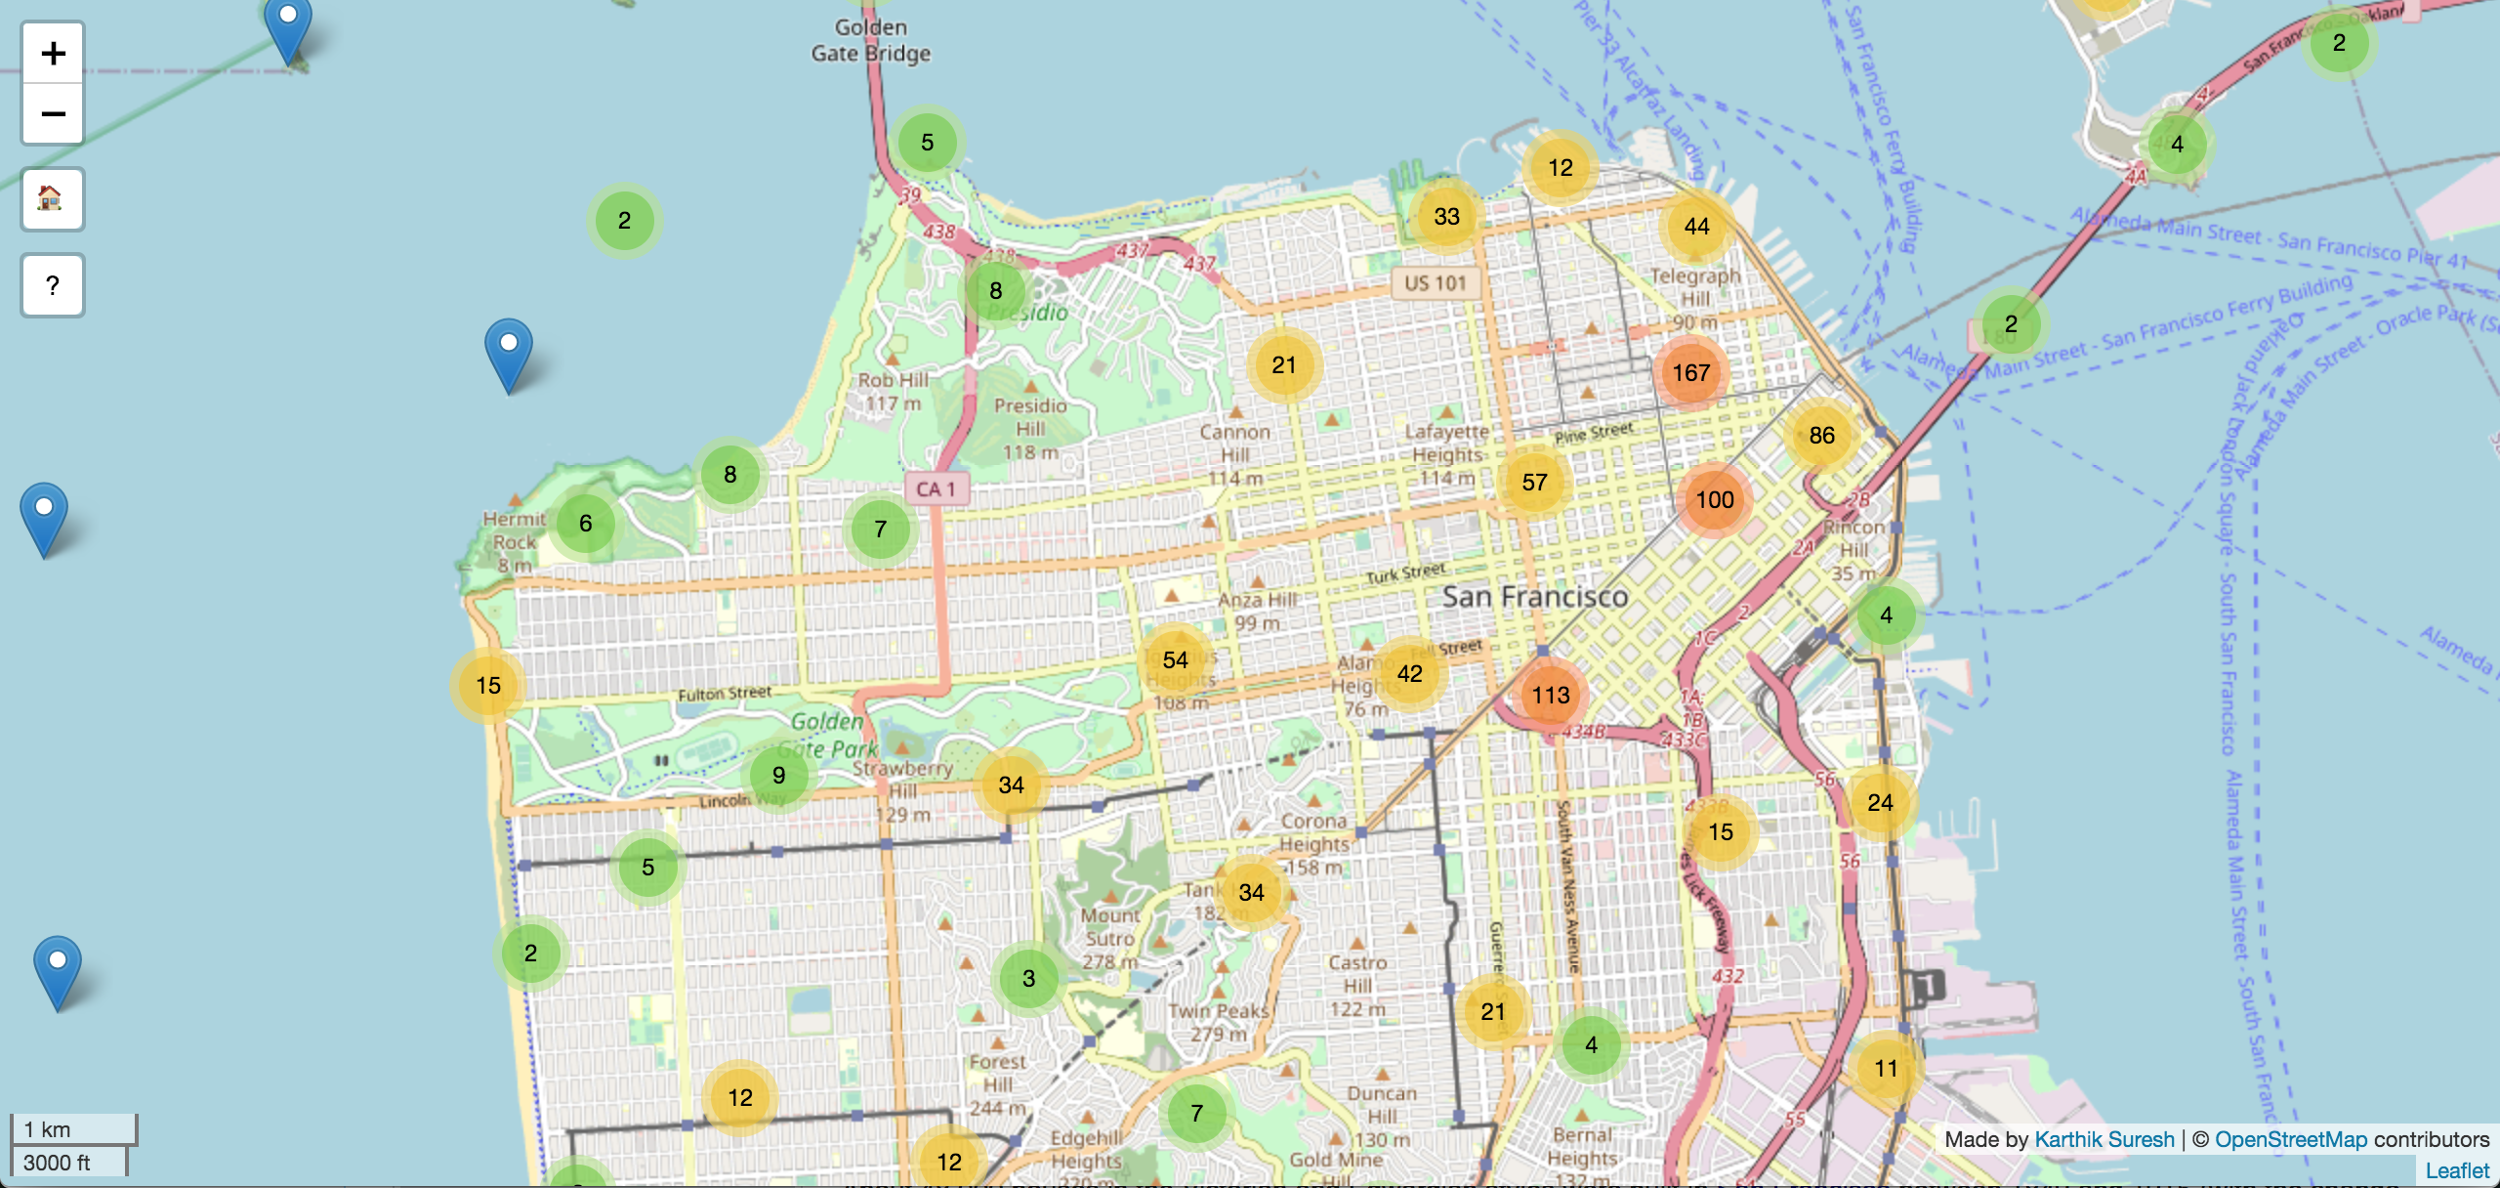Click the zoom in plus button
[x=53, y=54]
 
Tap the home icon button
[x=53, y=199]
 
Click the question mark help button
[x=53, y=285]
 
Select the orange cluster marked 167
[x=1690, y=373]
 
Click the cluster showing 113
[x=1550, y=696]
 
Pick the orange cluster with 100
[x=1714, y=500]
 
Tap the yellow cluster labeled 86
[x=1821, y=436]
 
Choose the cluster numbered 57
[x=1534, y=483]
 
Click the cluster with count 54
[x=1175, y=660]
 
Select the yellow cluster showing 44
[x=1696, y=227]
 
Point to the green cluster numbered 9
[x=778, y=776]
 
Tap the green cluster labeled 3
[x=1028, y=979]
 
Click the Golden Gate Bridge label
[x=870, y=41]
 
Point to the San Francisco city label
[x=1535, y=596]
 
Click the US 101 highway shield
[x=1435, y=283]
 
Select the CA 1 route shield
[x=936, y=489]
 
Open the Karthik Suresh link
[x=2104, y=1139]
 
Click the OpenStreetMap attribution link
[x=2290, y=1139]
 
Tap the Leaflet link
[x=2457, y=1170]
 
